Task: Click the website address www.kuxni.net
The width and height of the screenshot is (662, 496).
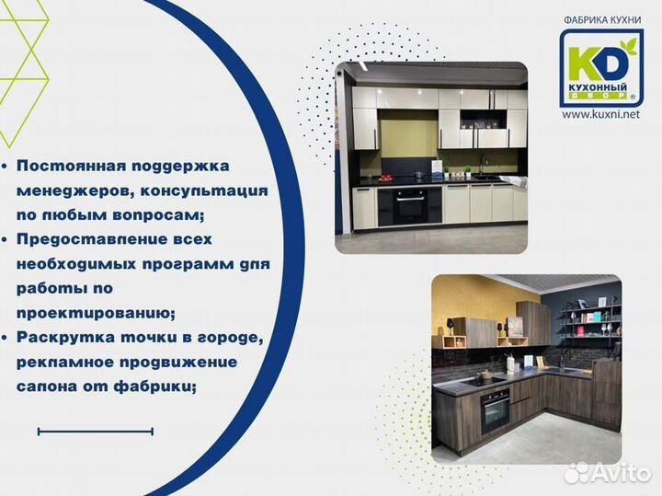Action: tap(600, 114)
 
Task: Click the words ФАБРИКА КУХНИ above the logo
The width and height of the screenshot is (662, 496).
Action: tap(600, 19)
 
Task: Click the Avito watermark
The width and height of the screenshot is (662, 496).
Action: tap(607, 473)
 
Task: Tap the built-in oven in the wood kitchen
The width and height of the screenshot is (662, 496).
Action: tap(495, 410)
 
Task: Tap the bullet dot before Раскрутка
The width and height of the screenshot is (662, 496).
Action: tap(7, 338)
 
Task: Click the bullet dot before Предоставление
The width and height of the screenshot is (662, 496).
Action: tap(7, 239)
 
